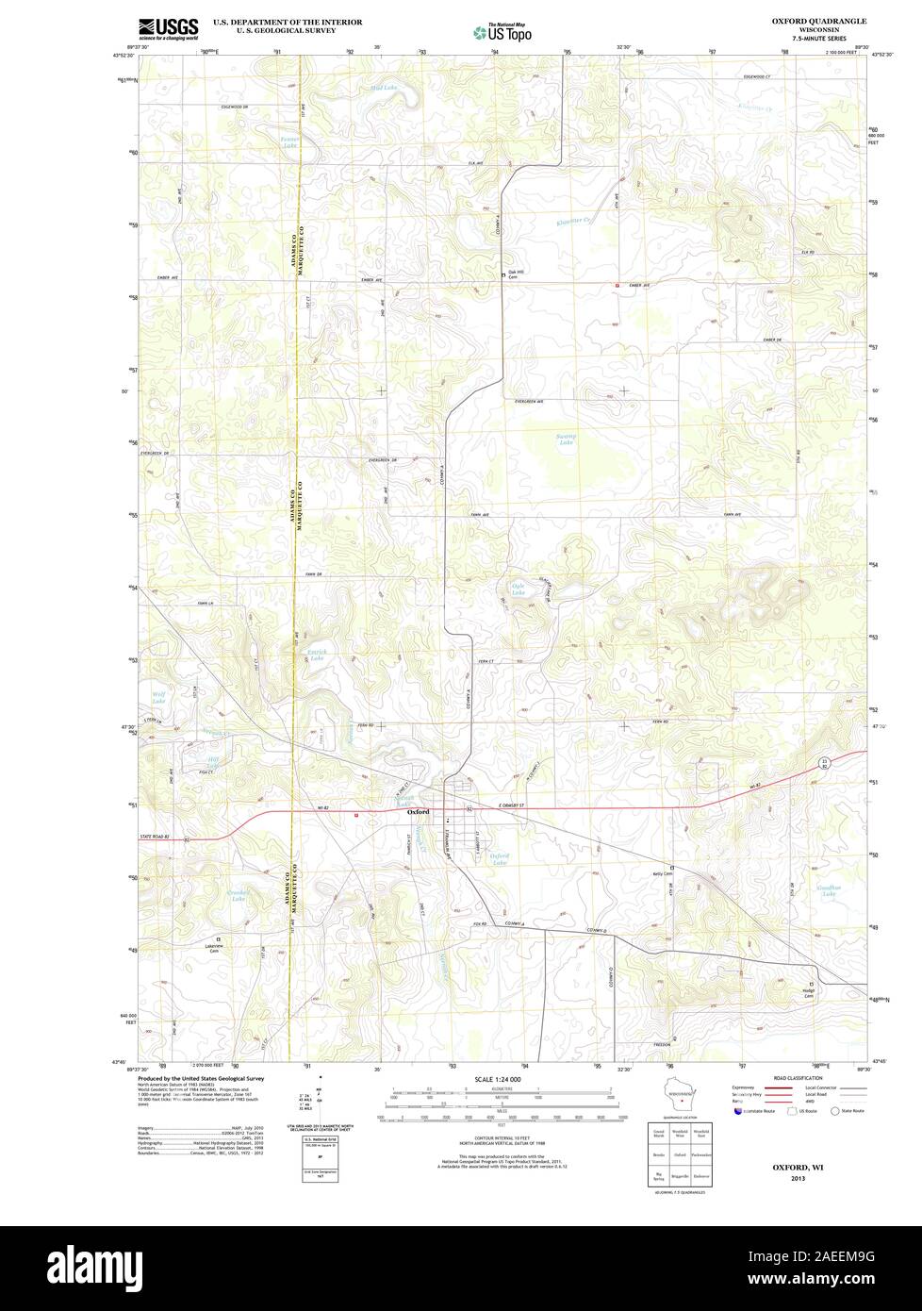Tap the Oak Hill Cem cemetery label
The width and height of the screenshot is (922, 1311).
coord(513,274)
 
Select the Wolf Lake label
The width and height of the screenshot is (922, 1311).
coord(158,699)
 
